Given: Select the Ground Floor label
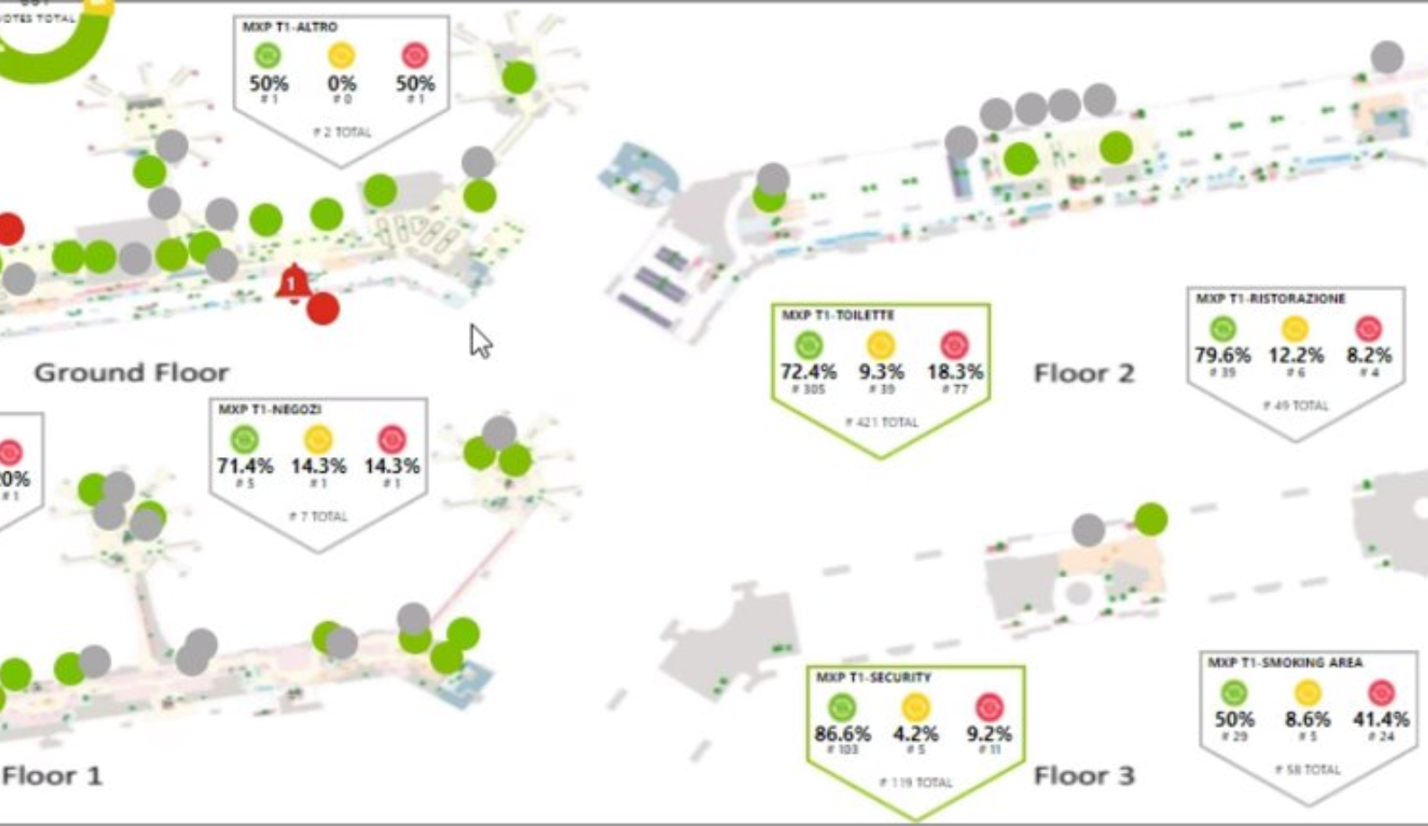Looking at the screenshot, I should click(x=131, y=373).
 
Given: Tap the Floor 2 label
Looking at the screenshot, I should click(x=1083, y=373).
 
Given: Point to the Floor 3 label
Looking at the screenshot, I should click(x=1083, y=776).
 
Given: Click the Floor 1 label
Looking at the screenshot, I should click(x=52, y=776).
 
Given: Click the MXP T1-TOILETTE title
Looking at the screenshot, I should click(x=837, y=316).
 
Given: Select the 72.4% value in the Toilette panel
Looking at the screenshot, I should click(x=808, y=372).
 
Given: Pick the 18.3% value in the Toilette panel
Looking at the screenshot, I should click(x=955, y=372).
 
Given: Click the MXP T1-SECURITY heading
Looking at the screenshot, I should click(x=873, y=678).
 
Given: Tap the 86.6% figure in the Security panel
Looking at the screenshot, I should click(x=842, y=734).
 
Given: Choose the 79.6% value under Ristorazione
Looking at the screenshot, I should click(x=1222, y=355).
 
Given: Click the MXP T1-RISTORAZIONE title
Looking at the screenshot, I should click(x=1271, y=299).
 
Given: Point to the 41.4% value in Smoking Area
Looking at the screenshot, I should click(x=1380, y=720).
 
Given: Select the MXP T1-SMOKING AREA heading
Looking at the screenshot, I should click(x=1285, y=663).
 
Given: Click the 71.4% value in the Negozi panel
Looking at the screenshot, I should click(x=245, y=466).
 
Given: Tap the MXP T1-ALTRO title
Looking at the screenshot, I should click(x=289, y=28).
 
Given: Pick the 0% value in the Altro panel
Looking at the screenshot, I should click(x=341, y=84).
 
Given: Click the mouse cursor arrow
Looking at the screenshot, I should click(x=480, y=341).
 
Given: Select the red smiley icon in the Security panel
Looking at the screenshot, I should click(x=989, y=707).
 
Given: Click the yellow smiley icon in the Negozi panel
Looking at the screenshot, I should click(x=318, y=440).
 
